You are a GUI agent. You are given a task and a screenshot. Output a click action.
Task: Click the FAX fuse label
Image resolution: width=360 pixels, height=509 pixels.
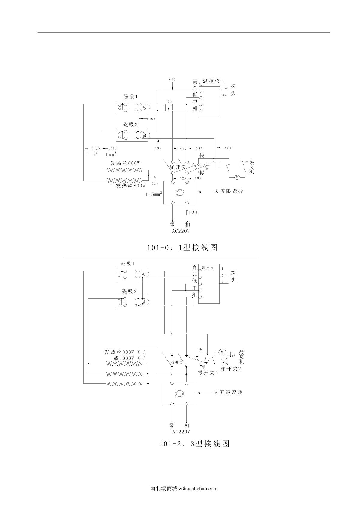(x=193, y=213)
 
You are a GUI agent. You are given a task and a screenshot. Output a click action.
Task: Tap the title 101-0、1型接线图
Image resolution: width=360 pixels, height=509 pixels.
(x=182, y=248)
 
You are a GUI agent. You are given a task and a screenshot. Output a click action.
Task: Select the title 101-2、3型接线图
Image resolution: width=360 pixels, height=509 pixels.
(x=194, y=444)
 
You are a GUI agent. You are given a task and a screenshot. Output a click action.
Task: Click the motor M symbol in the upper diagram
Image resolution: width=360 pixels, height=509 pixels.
(x=237, y=177)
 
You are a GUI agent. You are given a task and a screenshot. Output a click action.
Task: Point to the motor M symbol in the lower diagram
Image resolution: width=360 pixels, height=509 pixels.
(x=222, y=352)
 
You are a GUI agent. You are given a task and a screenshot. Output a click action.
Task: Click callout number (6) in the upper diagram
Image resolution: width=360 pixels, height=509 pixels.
(x=172, y=79)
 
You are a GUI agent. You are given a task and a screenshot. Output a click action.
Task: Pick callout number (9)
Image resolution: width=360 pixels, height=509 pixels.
(x=158, y=148)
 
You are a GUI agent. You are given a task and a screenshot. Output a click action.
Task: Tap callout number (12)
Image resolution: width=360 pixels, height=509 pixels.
(x=95, y=148)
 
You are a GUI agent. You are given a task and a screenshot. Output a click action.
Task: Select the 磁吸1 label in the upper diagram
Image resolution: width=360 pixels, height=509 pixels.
(x=130, y=97)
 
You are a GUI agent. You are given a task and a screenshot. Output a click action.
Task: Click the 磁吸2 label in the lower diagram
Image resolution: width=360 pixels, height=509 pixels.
(x=129, y=291)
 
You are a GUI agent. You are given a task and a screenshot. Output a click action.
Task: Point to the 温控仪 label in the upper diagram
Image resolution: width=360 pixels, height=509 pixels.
(x=211, y=81)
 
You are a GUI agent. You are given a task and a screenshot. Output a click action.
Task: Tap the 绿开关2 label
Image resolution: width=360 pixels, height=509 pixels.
(x=231, y=369)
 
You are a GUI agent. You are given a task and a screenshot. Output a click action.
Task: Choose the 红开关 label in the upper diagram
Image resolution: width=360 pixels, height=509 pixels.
(x=178, y=167)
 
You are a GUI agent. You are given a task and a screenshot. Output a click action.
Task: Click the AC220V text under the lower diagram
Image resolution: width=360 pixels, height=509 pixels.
(x=181, y=432)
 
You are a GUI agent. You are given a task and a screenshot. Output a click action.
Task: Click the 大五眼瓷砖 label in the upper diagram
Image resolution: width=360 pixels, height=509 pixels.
(x=228, y=191)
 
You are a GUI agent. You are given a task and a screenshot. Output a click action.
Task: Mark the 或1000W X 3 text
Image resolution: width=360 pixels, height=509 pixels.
(x=130, y=358)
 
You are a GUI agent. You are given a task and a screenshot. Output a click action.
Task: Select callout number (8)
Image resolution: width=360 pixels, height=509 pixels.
(x=228, y=148)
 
